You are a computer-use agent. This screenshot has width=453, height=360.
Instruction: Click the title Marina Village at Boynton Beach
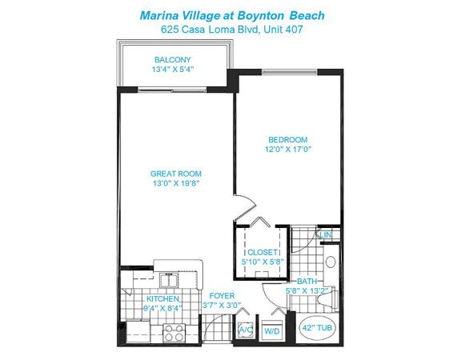click(x=232, y=15)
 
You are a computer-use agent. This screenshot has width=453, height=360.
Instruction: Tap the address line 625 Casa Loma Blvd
click(x=210, y=29)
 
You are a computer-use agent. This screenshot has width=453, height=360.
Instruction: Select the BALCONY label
click(x=172, y=60)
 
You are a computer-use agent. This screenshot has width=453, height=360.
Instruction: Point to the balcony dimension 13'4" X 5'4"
click(x=172, y=70)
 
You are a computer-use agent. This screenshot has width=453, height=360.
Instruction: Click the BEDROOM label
click(x=288, y=140)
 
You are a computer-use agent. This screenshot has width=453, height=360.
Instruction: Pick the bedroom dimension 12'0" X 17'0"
click(x=288, y=150)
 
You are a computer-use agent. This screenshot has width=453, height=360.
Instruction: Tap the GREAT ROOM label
click(x=176, y=174)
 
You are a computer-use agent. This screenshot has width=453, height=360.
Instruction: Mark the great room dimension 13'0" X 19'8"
click(x=176, y=183)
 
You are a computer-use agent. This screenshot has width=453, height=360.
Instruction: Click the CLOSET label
click(x=263, y=252)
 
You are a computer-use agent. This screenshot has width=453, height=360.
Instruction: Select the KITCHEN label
click(x=163, y=298)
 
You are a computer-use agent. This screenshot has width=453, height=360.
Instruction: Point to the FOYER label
click(x=222, y=296)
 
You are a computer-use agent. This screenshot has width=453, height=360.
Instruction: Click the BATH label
click(x=307, y=281)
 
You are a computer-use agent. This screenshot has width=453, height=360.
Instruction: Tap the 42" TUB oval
click(x=317, y=328)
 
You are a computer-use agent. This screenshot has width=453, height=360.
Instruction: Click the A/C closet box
click(x=245, y=330)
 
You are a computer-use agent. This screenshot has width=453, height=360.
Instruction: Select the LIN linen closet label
click(x=326, y=235)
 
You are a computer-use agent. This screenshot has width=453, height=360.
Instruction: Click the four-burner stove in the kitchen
click(x=174, y=333)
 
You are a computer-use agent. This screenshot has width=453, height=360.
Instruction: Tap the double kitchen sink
click(x=169, y=280)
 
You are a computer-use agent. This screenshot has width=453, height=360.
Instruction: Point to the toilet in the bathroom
click(x=327, y=299)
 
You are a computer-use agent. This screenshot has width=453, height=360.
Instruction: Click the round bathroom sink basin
click(x=331, y=262)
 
